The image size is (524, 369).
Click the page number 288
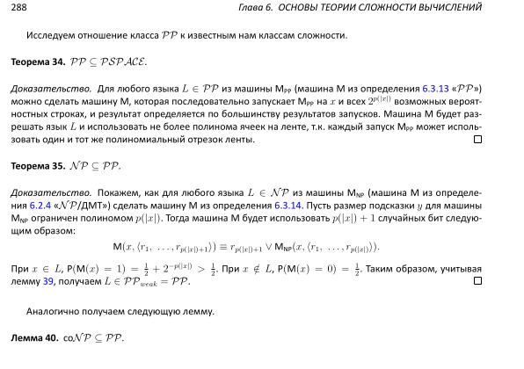18,8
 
